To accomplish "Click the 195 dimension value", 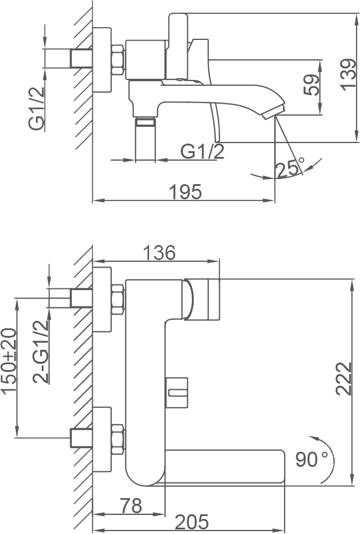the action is pyautogui.click(x=186, y=192).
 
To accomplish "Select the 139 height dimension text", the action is pyautogui.click(x=348, y=75).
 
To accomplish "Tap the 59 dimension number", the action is pyautogui.click(x=312, y=85).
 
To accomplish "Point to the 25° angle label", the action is pyautogui.click(x=290, y=168).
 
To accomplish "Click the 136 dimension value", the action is pyautogui.click(x=159, y=253).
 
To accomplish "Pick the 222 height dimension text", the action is pyautogui.click(x=344, y=378).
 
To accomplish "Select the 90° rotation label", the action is pyautogui.click(x=311, y=459).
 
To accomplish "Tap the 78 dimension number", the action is pyautogui.click(x=131, y=506).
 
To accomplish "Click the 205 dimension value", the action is pyautogui.click(x=191, y=522).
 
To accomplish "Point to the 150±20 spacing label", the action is pyautogui.click(x=9, y=361).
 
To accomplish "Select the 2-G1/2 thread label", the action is pyautogui.click(x=41, y=352).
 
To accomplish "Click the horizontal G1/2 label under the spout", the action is pyautogui.click(x=202, y=152).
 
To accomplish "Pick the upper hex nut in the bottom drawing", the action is pyautogui.click(x=118, y=299).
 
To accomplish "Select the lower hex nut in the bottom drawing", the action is pyautogui.click(x=118, y=440).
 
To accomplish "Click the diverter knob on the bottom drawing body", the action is pyautogui.click(x=177, y=392).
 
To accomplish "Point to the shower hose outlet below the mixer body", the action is pyautogui.click(x=146, y=138).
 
